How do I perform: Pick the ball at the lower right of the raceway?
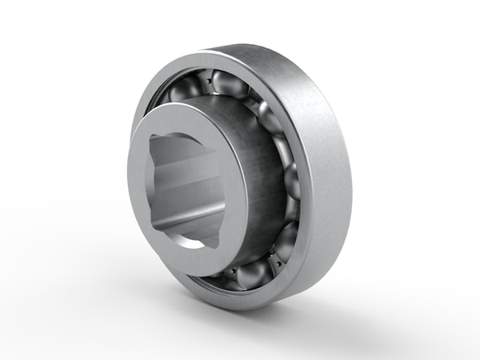coord(285,238)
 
